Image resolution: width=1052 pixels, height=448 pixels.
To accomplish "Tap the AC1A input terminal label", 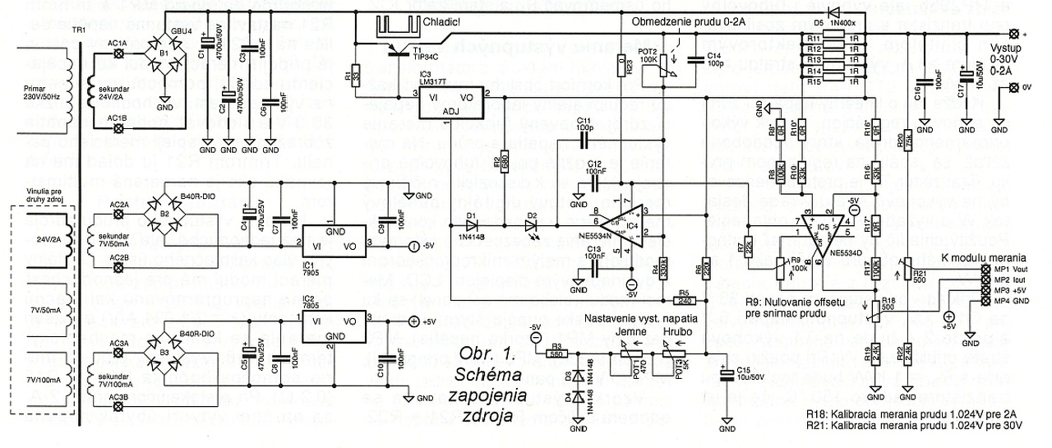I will [x=118, y=43].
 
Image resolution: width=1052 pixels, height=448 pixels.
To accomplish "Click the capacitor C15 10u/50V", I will [x=727, y=375].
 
